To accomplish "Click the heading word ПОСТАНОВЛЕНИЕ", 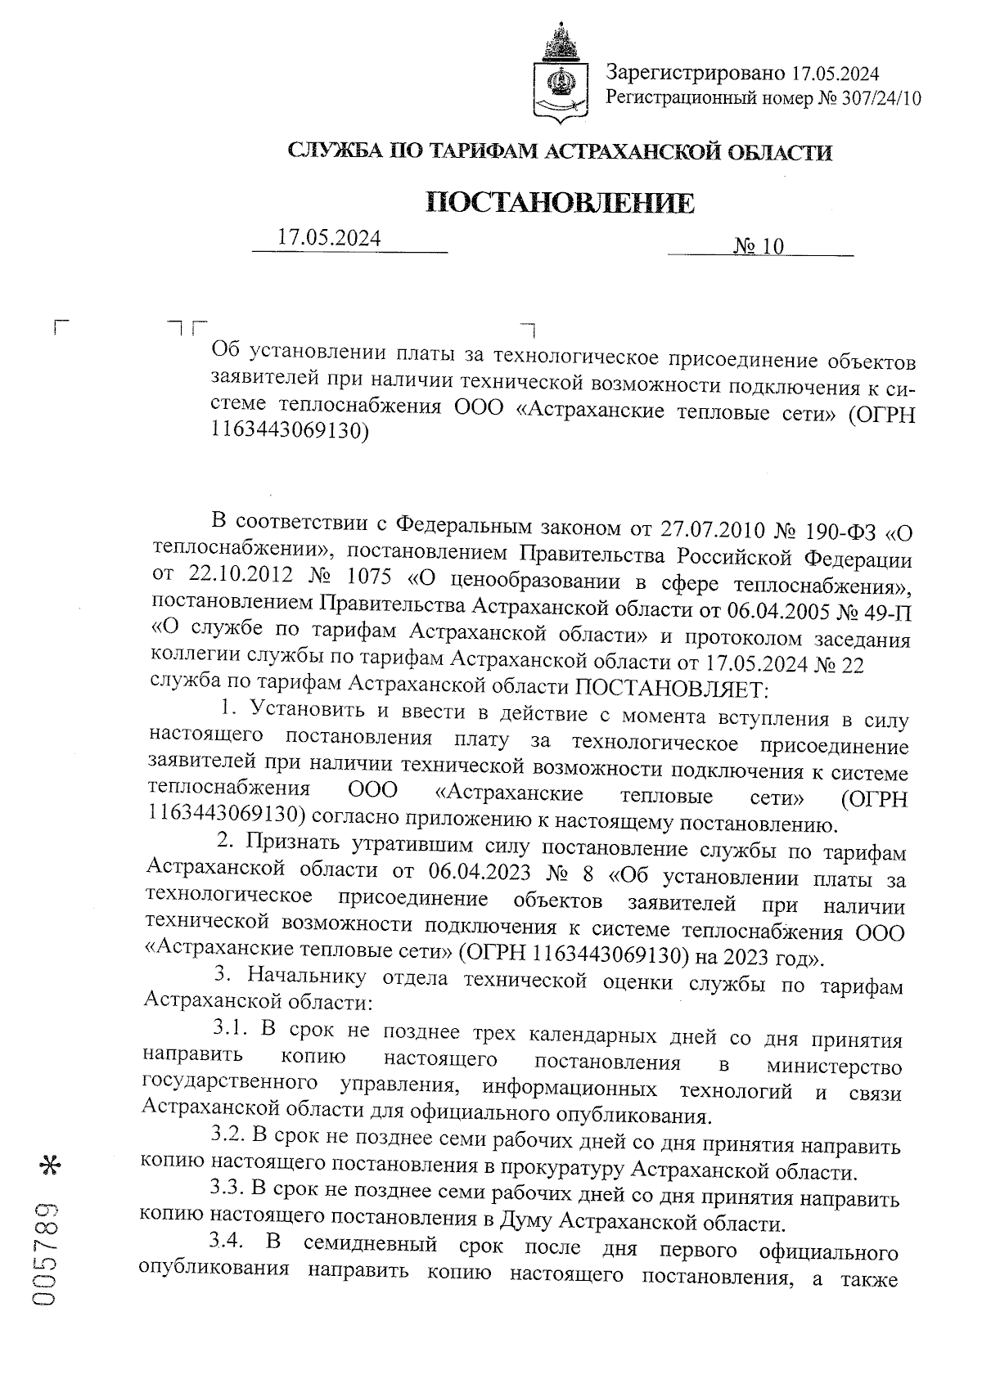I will point(561,203).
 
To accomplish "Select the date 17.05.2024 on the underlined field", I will point(329,238).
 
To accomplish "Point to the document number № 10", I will point(759,246).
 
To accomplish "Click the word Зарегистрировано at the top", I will point(696,74).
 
